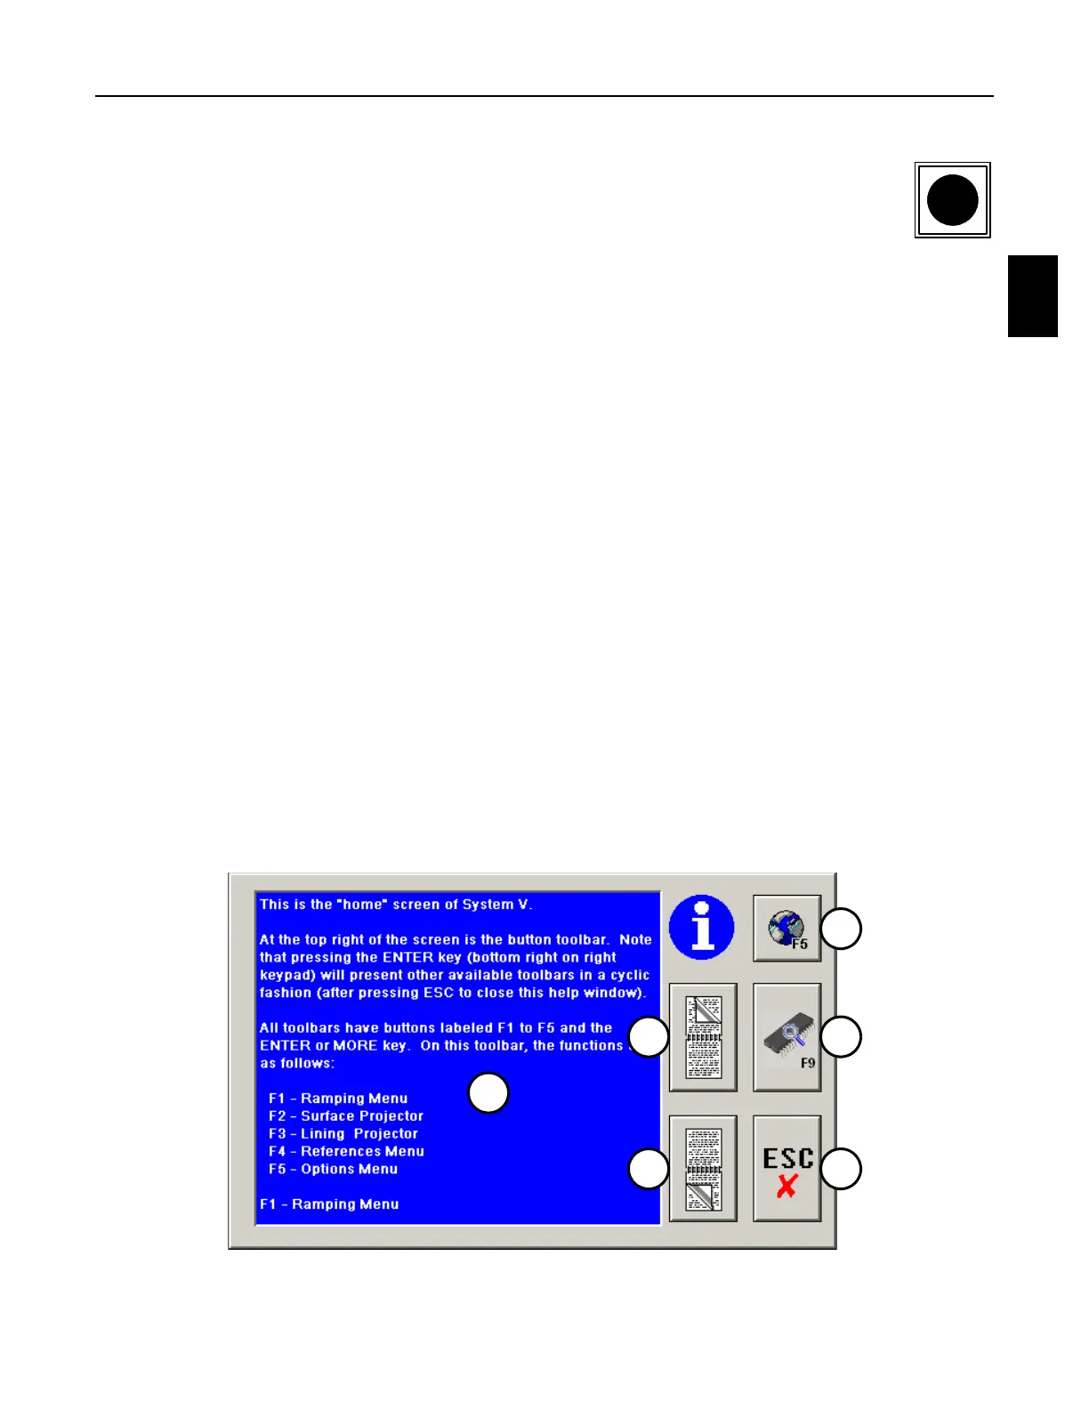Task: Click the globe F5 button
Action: (786, 929)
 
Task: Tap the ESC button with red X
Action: (786, 1169)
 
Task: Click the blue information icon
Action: (702, 927)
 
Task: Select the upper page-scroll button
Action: (703, 1037)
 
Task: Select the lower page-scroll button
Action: (703, 1169)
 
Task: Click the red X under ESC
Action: (786, 1186)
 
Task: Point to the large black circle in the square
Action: (952, 200)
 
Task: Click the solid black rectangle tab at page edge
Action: (1032, 296)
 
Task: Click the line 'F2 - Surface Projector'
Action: (346, 1116)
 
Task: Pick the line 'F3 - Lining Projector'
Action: (343, 1134)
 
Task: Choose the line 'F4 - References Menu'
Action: (346, 1152)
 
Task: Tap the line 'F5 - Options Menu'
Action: (333, 1170)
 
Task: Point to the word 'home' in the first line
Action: (362, 905)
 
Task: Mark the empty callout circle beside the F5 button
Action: (841, 929)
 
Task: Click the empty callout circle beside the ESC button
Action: (841, 1169)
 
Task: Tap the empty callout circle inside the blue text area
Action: (488, 1093)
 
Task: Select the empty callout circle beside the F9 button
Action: (841, 1037)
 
